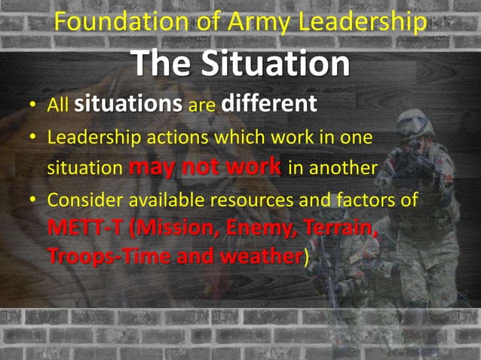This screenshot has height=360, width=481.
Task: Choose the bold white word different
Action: coord(268,104)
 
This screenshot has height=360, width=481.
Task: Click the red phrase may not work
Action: coord(205,167)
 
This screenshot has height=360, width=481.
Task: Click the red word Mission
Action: coord(167,227)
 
